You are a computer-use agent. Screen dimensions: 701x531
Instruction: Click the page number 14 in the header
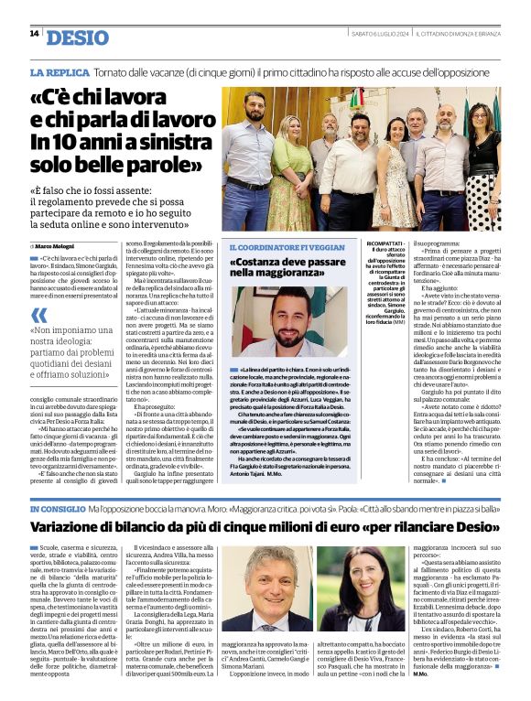point(34,34)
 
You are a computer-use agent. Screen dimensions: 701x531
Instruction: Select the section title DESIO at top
point(77,37)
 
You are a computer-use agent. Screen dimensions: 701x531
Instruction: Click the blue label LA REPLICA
point(61,71)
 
